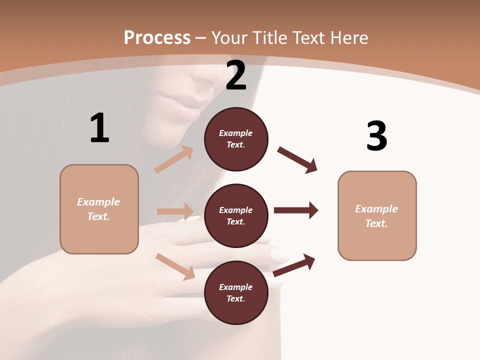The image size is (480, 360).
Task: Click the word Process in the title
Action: pyautogui.click(x=157, y=38)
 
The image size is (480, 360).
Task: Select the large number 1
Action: pyautogui.click(x=99, y=128)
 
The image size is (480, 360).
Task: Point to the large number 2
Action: pyautogui.click(x=236, y=75)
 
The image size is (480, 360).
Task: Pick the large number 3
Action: pyautogui.click(x=376, y=136)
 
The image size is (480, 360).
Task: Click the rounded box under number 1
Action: pyautogui.click(x=99, y=209)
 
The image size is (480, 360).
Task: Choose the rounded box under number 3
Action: pyautogui.click(x=377, y=215)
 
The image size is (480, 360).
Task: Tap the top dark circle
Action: pyautogui.click(x=236, y=139)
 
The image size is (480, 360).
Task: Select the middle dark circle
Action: pyautogui.click(x=236, y=215)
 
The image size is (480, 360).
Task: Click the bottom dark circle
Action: pyautogui.click(x=236, y=292)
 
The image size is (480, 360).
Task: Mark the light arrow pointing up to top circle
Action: pyautogui.click(x=174, y=159)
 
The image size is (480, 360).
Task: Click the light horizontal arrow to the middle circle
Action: pyautogui.click(x=175, y=211)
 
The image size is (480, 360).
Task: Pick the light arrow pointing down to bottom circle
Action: pyautogui.click(x=175, y=266)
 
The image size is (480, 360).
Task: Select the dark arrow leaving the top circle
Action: pyautogui.click(x=297, y=160)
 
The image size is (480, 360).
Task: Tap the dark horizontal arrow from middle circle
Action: pyautogui.click(x=296, y=210)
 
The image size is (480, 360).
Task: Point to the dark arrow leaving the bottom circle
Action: pyautogui.click(x=294, y=265)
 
